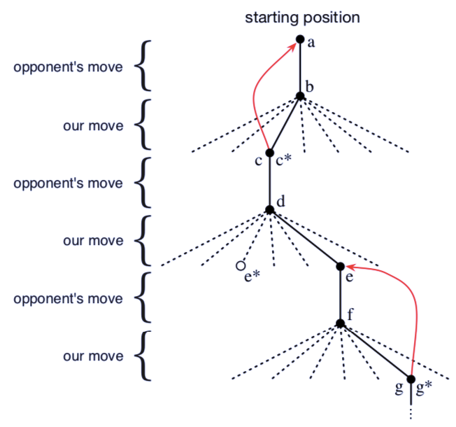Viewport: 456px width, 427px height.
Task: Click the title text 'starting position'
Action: pyautogui.click(x=301, y=17)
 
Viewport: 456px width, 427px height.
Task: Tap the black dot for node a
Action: pyautogui.click(x=300, y=39)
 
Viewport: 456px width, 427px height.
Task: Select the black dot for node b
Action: pyautogui.click(x=300, y=96)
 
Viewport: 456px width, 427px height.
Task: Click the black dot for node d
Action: pyautogui.click(x=270, y=209)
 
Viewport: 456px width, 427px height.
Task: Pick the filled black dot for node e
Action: pyautogui.click(x=341, y=267)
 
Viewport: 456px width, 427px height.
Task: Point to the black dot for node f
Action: pyautogui.click(x=341, y=323)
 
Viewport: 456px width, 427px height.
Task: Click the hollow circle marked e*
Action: pyautogui.click(x=241, y=266)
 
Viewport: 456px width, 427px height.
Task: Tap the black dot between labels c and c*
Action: pyautogui.click(x=270, y=153)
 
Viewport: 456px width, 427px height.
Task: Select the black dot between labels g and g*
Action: pyautogui.click(x=411, y=380)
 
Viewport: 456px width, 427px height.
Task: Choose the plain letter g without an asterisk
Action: pyautogui.click(x=399, y=388)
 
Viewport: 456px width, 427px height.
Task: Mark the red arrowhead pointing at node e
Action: pyautogui.click(x=349, y=267)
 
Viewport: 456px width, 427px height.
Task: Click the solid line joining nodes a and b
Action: pyautogui.click(x=300, y=68)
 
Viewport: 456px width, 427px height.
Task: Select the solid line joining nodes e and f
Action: pyautogui.click(x=341, y=295)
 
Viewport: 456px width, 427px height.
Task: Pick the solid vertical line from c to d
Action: pyautogui.click(x=270, y=181)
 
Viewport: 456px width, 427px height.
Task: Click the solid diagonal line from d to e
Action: pyautogui.click(x=305, y=238)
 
